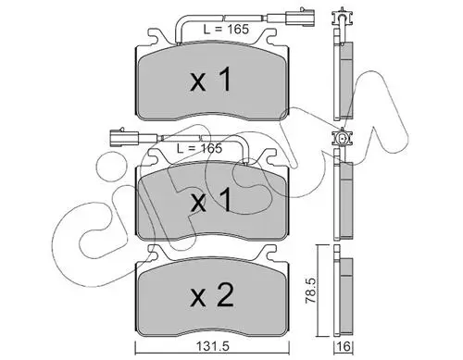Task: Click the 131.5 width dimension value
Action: (212, 347)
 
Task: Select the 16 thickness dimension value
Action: (344, 347)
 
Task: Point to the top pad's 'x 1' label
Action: (211, 81)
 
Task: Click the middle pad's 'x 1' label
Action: (211, 201)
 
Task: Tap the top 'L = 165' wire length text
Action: (226, 30)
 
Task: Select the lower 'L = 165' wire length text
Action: (199, 148)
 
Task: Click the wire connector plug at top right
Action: (300, 17)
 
